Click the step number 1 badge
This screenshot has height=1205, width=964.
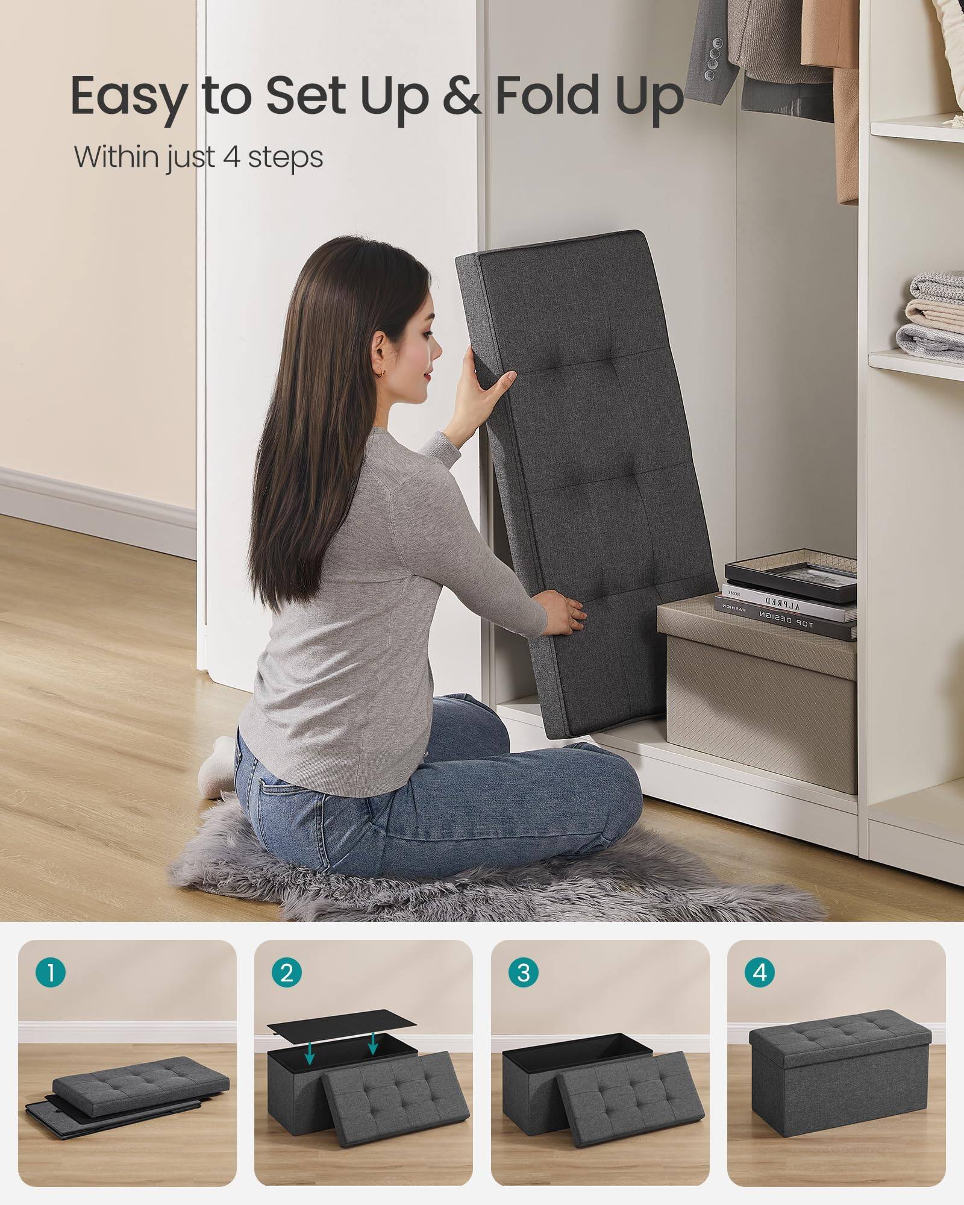click(x=50, y=974)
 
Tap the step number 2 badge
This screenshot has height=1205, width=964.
click(x=287, y=974)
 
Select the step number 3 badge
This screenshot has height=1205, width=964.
click(x=523, y=974)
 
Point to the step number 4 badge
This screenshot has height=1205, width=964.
click(x=760, y=974)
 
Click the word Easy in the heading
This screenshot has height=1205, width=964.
click(x=127, y=96)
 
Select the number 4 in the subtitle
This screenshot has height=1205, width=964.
click(x=223, y=157)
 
